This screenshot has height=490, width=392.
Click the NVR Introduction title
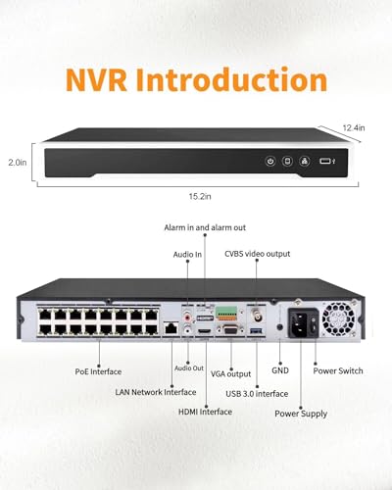(x=196, y=79)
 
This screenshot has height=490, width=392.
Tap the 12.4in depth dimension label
(x=354, y=128)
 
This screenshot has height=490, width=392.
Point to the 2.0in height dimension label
(x=18, y=163)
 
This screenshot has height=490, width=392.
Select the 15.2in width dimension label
(x=200, y=196)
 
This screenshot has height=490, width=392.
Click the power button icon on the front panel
(x=270, y=161)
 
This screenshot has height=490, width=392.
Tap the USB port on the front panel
(x=325, y=161)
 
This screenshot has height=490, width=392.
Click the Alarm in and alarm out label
(x=205, y=227)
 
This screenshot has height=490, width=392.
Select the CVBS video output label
(x=257, y=254)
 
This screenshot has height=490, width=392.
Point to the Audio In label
(x=187, y=255)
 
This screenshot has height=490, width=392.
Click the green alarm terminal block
(x=226, y=313)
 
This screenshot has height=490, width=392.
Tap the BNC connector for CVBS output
(x=257, y=315)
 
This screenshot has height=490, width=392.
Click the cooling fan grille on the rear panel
(x=338, y=319)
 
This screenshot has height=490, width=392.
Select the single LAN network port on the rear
(x=171, y=328)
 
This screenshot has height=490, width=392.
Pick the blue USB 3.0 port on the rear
(x=256, y=331)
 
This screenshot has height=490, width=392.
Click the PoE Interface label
(x=98, y=371)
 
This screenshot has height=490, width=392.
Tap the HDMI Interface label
(x=205, y=412)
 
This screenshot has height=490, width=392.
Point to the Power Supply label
(x=301, y=414)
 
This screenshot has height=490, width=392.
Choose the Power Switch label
(x=338, y=371)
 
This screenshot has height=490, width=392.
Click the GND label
(x=280, y=370)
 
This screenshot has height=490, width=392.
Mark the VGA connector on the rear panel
(x=230, y=329)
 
